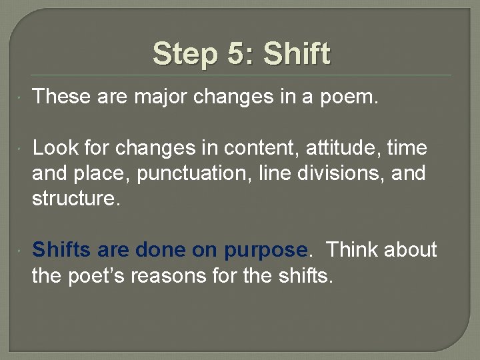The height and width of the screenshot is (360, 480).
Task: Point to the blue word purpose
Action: [266, 251]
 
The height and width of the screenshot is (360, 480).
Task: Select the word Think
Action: [354, 250]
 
